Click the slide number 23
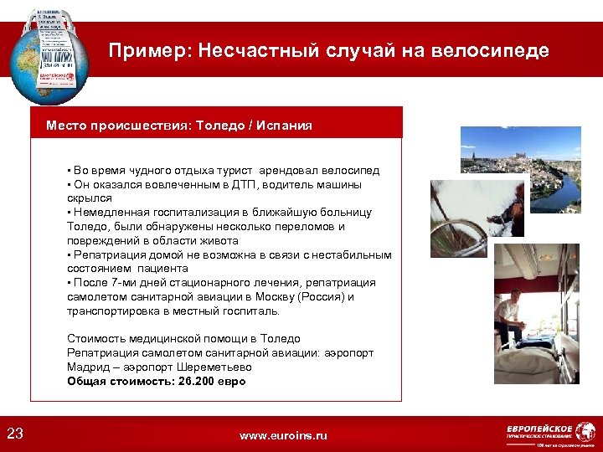pyautogui.click(x=15, y=433)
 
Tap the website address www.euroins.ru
pyautogui.click(x=283, y=435)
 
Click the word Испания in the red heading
pyautogui.click(x=285, y=126)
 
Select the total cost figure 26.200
pyautogui.click(x=198, y=381)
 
